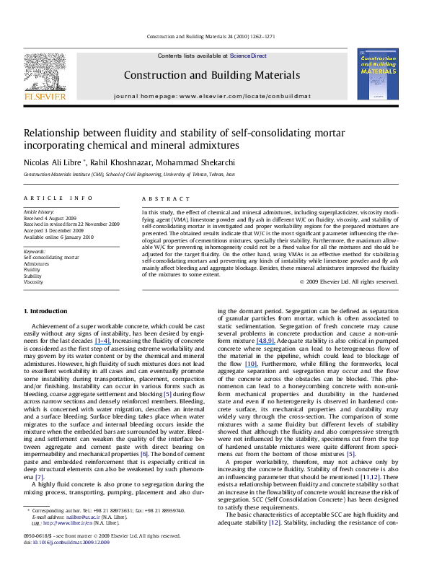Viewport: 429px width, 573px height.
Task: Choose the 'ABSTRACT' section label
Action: [160, 197]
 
